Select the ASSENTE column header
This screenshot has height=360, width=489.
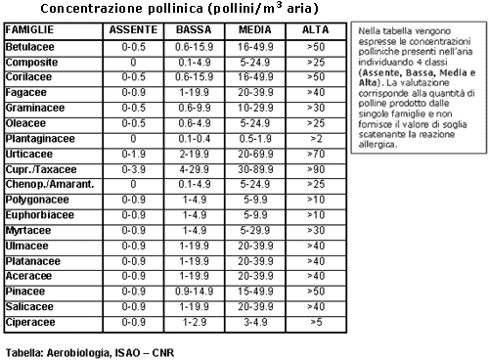(x=132, y=31)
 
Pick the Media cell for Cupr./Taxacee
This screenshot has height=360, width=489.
(x=254, y=168)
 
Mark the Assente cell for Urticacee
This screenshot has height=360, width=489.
(x=132, y=155)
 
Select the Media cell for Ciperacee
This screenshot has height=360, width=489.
(x=254, y=321)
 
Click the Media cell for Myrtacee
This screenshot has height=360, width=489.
(x=254, y=229)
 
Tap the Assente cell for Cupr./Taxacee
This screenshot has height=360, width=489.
(x=132, y=168)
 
